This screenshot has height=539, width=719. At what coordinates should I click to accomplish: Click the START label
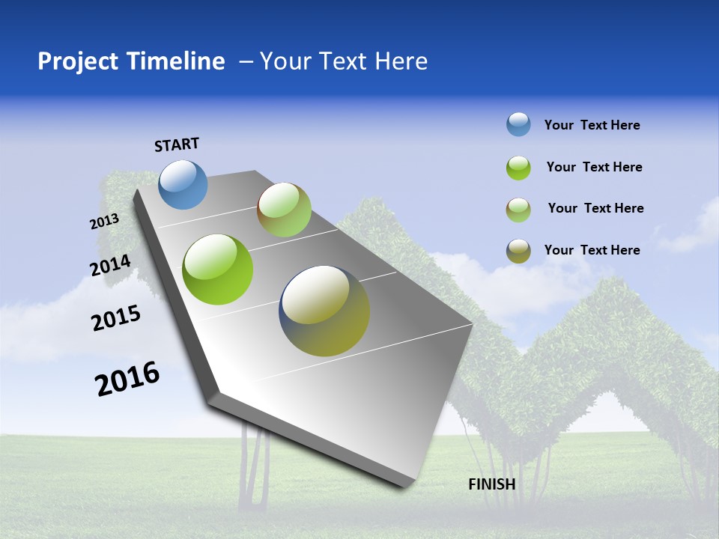[177, 144]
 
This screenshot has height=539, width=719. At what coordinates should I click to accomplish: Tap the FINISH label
[492, 484]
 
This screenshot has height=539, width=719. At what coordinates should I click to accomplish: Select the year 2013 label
[104, 222]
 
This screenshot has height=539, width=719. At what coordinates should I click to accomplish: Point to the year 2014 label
[111, 265]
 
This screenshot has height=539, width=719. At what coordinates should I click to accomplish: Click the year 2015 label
[116, 318]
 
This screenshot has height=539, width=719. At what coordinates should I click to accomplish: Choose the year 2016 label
[127, 379]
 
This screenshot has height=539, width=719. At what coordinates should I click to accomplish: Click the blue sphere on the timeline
[183, 184]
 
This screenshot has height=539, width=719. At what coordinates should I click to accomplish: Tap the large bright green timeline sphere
[218, 269]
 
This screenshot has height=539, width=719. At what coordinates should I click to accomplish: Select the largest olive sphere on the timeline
[324, 311]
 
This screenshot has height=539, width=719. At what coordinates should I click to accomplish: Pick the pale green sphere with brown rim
[284, 210]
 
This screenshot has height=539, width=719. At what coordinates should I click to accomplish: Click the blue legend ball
[518, 124]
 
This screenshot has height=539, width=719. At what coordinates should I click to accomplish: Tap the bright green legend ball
[518, 168]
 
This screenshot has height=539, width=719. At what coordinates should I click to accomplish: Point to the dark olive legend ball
[518, 251]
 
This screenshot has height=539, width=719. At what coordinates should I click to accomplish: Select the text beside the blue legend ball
[592, 126]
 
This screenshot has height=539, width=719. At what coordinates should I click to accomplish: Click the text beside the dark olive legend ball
[592, 250]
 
